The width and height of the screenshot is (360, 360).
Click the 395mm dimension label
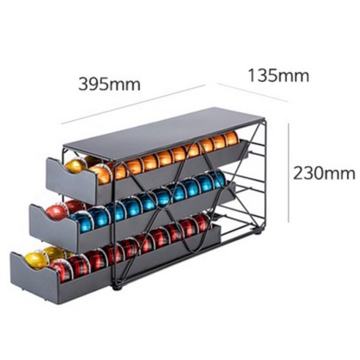coord(110,84)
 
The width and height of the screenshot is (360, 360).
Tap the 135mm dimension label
coord(279,75)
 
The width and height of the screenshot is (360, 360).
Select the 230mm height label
coord(324,173)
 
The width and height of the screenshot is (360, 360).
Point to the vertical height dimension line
coord(289,173)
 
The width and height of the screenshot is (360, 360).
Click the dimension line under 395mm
coord(133,105)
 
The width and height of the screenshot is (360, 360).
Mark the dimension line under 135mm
coord(253,92)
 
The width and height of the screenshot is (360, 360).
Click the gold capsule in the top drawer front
coord(75,166)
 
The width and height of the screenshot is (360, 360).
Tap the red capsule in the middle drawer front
coord(56,212)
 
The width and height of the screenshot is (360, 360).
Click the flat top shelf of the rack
coord(164,134)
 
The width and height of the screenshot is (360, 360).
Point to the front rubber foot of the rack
coord(118,287)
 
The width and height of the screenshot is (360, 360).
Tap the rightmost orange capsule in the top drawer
coord(231,138)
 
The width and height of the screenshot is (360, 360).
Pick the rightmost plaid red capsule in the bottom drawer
coord(203,222)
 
